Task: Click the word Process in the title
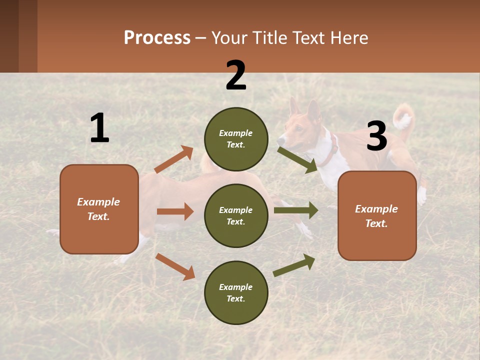tap(157, 38)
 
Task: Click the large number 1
tap(99, 128)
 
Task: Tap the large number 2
tap(236, 76)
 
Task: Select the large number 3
tap(376, 136)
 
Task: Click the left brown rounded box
tap(99, 209)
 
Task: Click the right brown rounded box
tap(377, 216)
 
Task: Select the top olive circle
tap(236, 139)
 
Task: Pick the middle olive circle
tap(236, 215)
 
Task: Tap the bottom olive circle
tap(236, 292)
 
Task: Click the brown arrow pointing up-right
tap(174, 159)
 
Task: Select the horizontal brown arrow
tap(175, 211)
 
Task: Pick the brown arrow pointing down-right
tap(175, 266)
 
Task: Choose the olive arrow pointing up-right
tap(294, 265)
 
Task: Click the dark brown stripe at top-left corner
tap(9, 36)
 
